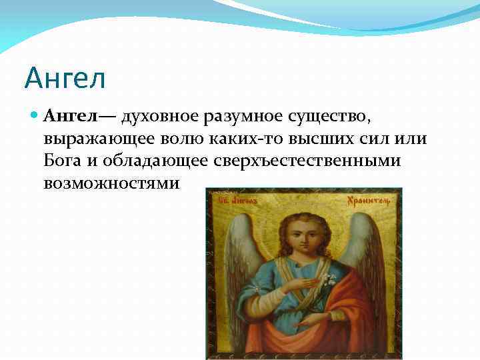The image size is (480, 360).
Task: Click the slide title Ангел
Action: click(65, 78)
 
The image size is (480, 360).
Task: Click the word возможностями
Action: click(111, 183)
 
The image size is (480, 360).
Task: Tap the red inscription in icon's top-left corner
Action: click(237, 199)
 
